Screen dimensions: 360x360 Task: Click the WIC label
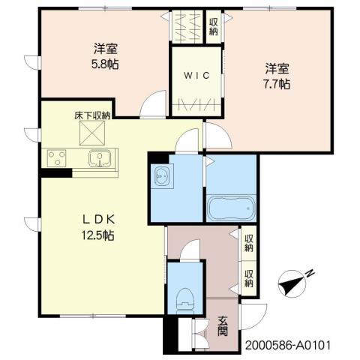[196, 75]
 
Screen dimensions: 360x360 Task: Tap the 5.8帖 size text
[106, 64]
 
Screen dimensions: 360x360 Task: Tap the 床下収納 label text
[92, 115]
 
